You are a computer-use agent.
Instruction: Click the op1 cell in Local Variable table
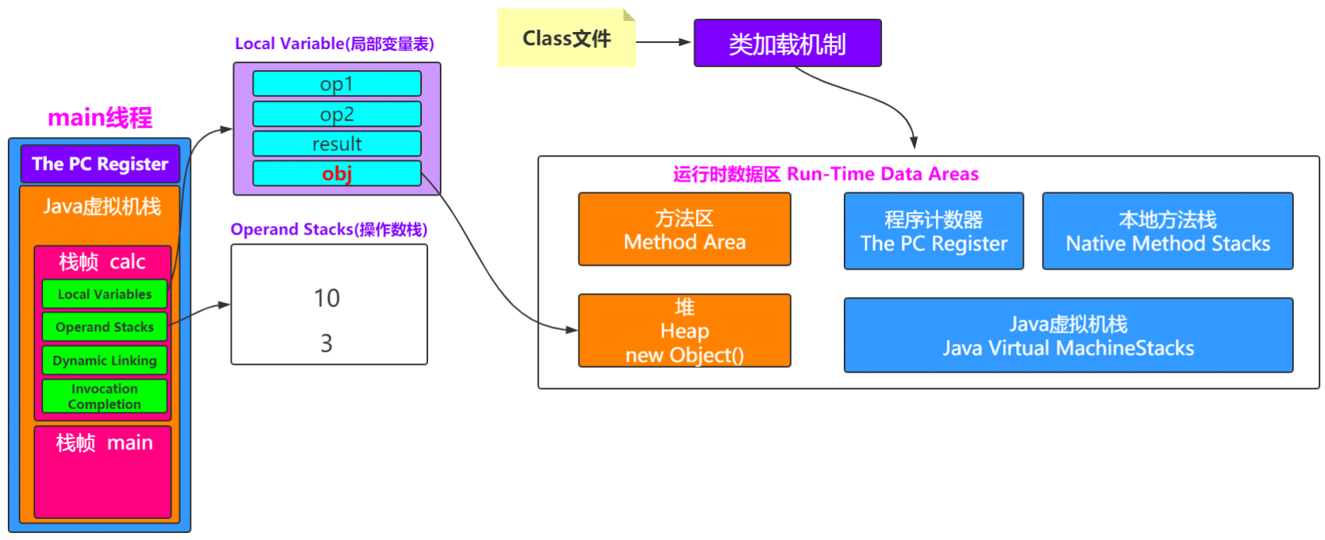pyautogui.click(x=337, y=83)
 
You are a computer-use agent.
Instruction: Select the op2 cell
pyautogui.click(x=337, y=114)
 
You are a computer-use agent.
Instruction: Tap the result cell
pyautogui.click(x=337, y=143)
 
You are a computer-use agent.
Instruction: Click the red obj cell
pyautogui.click(x=337, y=173)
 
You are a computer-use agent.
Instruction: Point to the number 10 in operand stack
pyautogui.click(x=327, y=298)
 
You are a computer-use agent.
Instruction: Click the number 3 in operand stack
pyautogui.click(x=327, y=343)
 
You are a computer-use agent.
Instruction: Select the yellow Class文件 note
pyautogui.click(x=566, y=39)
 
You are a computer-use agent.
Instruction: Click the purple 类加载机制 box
pyautogui.click(x=787, y=44)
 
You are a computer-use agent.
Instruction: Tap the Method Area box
pyautogui.click(x=684, y=230)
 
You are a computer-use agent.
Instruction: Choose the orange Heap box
pyautogui.click(x=684, y=330)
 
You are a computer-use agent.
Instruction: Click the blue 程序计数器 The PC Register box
pyautogui.click(x=934, y=231)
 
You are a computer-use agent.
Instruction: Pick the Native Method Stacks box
pyautogui.click(x=1167, y=231)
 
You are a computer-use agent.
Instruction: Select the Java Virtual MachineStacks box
pyautogui.click(x=1068, y=335)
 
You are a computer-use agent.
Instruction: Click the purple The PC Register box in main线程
pyautogui.click(x=100, y=164)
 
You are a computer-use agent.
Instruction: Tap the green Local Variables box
pyautogui.click(x=105, y=294)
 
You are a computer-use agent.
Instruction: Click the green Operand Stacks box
pyautogui.click(x=105, y=327)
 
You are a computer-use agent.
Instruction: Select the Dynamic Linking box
pyautogui.click(x=105, y=361)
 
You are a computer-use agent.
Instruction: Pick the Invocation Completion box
pyautogui.click(x=105, y=396)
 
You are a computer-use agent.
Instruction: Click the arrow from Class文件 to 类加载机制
pyautogui.click(x=664, y=42)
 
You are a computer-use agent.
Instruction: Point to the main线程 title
pyautogui.click(x=100, y=118)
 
